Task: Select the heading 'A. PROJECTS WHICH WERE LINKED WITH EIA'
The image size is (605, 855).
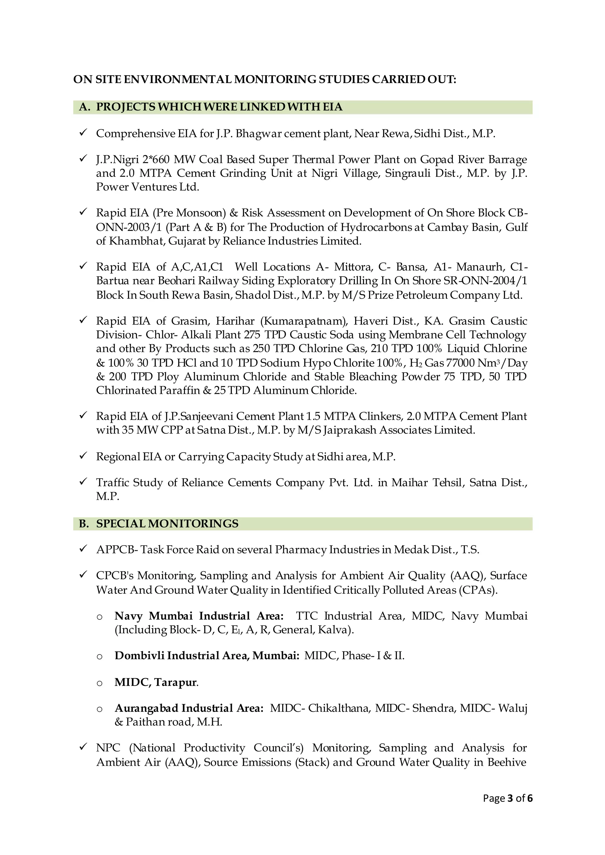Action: pyautogui.click(x=211, y=107)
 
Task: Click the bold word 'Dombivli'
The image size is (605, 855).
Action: pyautogui.click(x=139, y=655)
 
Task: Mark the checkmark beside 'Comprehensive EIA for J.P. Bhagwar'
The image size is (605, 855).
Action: pyautogui.click(x=83, y=133)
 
